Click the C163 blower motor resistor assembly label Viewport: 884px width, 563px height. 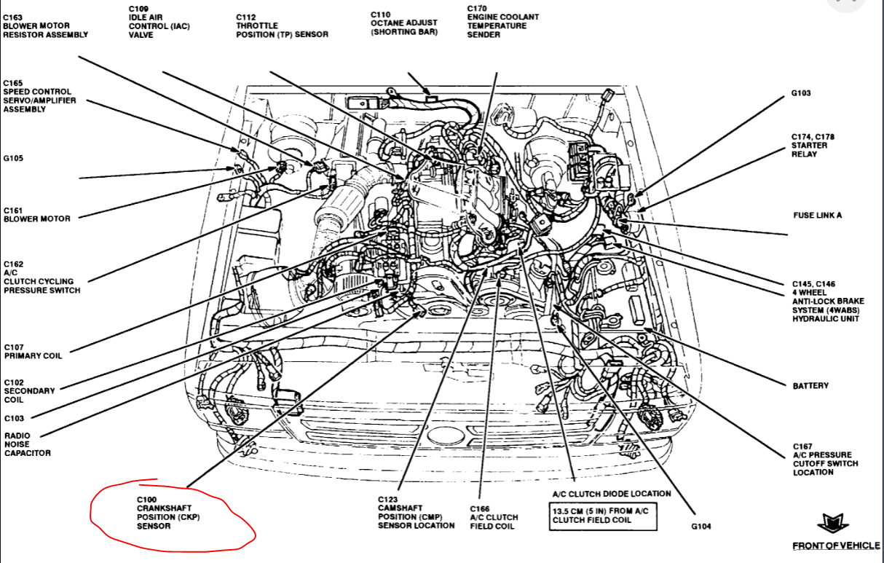45,25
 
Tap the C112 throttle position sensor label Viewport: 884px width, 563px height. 282,25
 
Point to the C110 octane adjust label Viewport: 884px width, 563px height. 404,23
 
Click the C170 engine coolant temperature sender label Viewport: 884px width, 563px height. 502,21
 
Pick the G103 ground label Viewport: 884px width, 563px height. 801,93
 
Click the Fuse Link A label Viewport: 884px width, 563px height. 817,216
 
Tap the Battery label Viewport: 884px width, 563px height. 810,385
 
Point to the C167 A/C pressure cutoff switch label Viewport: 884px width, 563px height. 825,459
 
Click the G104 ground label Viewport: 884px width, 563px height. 701,526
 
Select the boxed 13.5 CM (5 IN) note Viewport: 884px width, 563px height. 600,516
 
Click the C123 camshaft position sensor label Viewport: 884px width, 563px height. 416,512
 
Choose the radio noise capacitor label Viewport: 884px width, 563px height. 27,444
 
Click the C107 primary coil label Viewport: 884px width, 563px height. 33,351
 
